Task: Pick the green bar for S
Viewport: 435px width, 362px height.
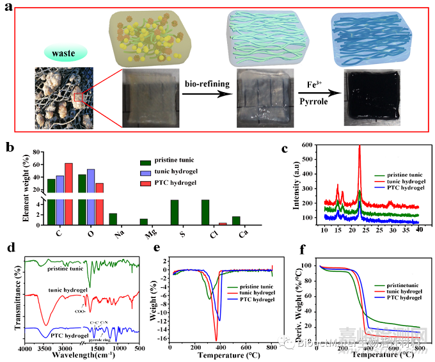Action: coord(174,212)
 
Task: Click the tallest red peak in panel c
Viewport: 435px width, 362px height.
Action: coord(360,148)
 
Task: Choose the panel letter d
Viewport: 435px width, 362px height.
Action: coord(9,247)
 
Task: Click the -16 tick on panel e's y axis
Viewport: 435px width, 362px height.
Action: coord(163,338)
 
